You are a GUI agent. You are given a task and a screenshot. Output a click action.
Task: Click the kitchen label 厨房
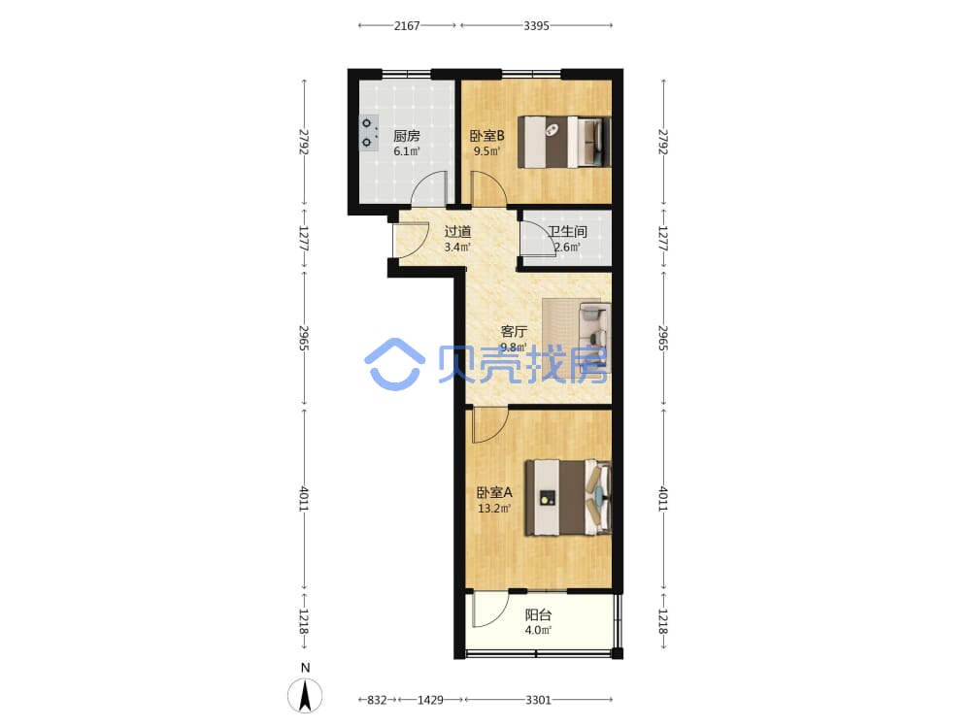click(406, 136)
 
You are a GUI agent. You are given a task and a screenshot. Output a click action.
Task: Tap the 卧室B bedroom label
click(486, 136)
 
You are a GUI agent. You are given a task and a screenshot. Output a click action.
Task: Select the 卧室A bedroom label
click(494, 492)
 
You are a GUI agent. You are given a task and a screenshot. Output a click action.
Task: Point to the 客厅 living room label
click(514, 332)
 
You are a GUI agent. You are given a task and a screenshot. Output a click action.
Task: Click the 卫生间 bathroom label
click(567, 232)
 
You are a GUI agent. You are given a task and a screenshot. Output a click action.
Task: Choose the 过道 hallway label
click(457, 232)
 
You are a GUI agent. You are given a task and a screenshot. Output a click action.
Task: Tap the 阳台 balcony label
click(538, 614)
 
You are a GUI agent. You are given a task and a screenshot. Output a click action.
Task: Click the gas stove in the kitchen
click(369, 133)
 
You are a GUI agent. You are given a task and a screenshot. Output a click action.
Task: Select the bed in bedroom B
click(564, 142)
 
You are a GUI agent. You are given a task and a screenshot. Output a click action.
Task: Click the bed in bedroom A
click(568, 497)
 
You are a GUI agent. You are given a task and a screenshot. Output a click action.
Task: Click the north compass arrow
click(305, 695)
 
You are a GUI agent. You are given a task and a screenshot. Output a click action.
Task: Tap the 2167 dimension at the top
click(407, 25)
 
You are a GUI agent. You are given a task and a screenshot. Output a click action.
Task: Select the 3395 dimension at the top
click(536, 25)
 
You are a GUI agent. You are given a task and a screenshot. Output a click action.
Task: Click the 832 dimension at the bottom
click(377, 700)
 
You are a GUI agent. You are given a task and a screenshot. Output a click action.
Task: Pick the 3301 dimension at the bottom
click(538, 700)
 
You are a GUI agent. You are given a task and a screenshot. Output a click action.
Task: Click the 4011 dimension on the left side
click(303, 498)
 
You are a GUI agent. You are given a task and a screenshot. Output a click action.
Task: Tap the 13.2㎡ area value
click(494, 509)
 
